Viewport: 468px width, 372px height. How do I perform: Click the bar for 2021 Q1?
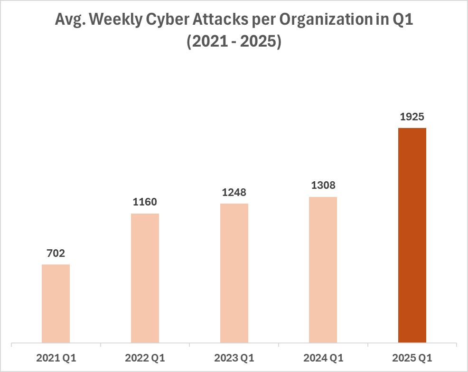click(56, 303)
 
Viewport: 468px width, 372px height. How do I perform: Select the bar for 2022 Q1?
click(145, 278)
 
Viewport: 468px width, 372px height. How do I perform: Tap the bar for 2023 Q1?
click(234, 273)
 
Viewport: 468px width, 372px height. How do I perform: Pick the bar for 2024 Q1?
click(323, 269)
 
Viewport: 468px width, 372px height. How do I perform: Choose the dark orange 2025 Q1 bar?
click(412, 235)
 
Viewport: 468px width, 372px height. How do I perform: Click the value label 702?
click(56, 254)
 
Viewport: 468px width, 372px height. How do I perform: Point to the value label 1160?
click(145, 202)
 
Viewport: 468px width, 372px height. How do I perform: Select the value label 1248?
click(234, 193)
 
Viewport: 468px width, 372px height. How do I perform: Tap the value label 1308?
click(323, 186)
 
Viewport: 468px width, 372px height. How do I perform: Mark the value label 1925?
click(412, 117)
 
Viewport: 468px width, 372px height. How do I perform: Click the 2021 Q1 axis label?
click(56, 357)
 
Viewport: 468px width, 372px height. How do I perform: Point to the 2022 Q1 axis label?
click(145, 357)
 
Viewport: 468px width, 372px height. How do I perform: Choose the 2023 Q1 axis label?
click(234, 357)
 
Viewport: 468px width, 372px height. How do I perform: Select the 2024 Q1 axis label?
click(323, 357)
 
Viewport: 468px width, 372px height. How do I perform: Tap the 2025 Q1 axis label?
click(412, 357)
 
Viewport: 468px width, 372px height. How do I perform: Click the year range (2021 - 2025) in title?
click(234, 42)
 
